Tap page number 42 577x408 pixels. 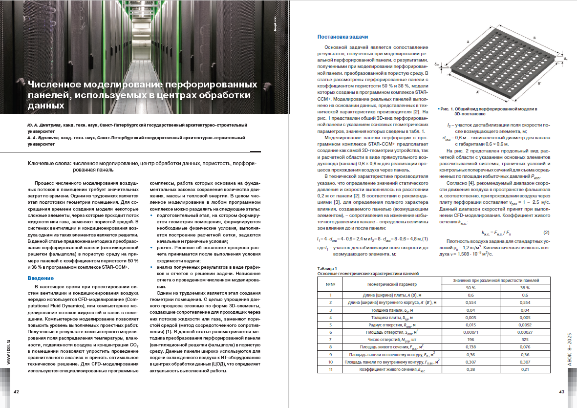16,392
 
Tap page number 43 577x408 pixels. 561,392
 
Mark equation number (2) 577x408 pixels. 547,232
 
